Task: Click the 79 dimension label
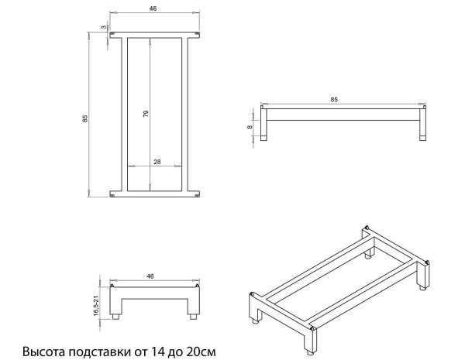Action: (146, 114)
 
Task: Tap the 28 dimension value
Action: (157, 162)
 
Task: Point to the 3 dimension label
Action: (104, 27)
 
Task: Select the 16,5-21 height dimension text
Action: (96, 306)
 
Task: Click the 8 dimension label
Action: (250, 127)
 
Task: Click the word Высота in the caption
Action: (44, 351)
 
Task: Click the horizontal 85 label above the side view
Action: (334, 100)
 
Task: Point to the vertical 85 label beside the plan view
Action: (85, 118)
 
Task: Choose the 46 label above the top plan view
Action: (153, 9)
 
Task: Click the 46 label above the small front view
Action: (150, 276)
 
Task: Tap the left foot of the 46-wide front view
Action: (116, 316)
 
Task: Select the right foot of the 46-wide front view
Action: (193, 316)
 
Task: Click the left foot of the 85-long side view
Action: (263, 138)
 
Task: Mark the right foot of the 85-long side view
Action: (423, 138)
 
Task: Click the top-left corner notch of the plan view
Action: (112, 35)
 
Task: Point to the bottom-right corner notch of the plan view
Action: (197, 194)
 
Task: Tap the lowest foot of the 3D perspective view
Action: (309, 353)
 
